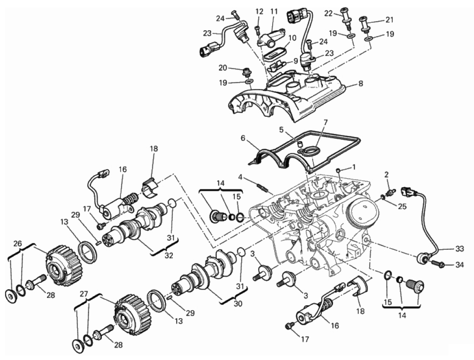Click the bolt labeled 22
click(345, 16)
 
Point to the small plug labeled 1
click(339, 170)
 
